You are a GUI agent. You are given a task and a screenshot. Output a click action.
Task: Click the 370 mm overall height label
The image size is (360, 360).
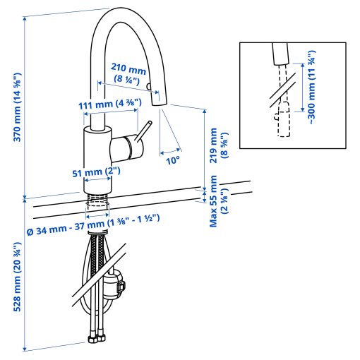(x=18, y=107)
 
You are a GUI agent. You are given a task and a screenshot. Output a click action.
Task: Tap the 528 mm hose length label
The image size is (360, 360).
(x=17, y=277)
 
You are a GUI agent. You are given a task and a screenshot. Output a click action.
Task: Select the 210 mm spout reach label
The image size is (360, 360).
(x=128, y=73)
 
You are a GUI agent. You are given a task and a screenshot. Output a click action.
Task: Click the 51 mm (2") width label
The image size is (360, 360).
(x=96, y=172)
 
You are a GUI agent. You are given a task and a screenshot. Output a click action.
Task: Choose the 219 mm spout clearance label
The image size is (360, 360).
(x=219, y=145)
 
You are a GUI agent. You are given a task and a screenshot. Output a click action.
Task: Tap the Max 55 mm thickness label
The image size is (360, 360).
(x=219, y=201)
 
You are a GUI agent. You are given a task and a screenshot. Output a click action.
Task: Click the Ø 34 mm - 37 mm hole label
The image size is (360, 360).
(x=93, y=225)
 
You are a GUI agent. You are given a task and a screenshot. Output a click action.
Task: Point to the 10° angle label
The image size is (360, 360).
(x=173, y=161)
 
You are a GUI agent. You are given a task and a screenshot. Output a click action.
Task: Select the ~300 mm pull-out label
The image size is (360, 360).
(x=311, y=88)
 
